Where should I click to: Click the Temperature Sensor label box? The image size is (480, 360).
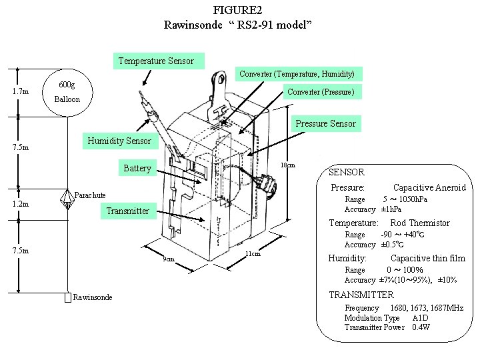pyautogui.click(x=156, y=61)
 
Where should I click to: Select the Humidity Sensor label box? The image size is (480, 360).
pyautogui.click(x=119, y=141)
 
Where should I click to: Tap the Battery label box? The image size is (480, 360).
pyautogui.click(x=137, y=168)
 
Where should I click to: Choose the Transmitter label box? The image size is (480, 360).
pyautogui.click(x=127, y=211)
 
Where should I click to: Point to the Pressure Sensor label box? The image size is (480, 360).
pyautogui.click(x=325, y=123)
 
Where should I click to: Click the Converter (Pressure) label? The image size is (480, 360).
pyautogui.click(x=320, y=91)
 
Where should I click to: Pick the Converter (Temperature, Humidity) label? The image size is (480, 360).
pyautogui.click(x=297, y=73)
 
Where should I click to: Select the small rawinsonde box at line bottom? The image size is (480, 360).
pyautogui.click(x=67, y=297)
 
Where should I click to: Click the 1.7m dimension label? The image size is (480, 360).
pyautogui.click(x=21, y=91)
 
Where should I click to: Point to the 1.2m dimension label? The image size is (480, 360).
pyautogui.click(x=21, y=204)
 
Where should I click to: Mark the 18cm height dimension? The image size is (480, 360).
pyautogui.click(x=287, y=165)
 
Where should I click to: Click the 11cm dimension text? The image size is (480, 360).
pyautogui.click(x=253, y=253)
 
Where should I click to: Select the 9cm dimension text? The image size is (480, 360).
pyautogui.click(x=169, y=259)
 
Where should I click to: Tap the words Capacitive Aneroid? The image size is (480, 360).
pyautogui.click(x=429, y=188)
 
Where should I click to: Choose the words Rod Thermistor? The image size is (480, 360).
pyautogui.click(x=419, y=223)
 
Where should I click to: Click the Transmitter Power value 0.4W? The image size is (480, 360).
pyautogui.click(x=421, y=327)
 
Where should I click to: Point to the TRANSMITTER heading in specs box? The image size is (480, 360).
pyautogui.click(x=361, y=295)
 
